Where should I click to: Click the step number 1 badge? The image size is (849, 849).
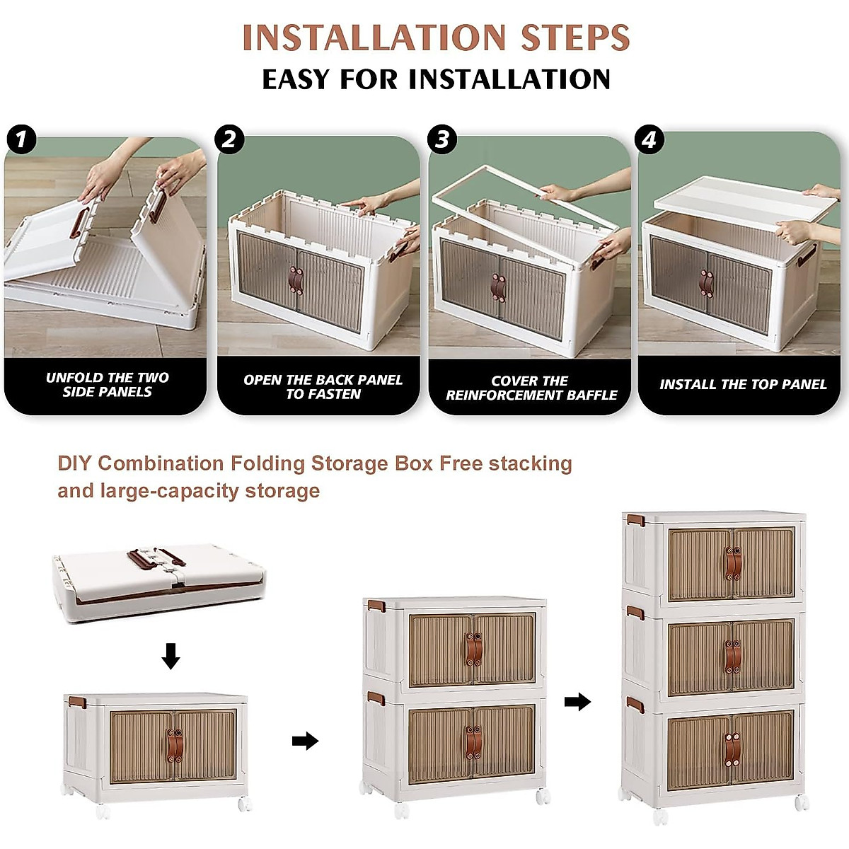21,139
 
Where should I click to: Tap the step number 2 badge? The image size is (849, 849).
229,139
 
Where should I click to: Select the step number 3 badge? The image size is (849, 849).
442,139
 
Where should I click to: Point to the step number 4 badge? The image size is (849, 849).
649,139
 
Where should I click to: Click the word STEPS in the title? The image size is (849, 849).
575,37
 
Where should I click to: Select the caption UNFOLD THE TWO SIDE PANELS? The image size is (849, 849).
107,385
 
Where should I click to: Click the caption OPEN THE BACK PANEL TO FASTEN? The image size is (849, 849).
323,387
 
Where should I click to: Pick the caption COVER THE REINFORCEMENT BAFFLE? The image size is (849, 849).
531,388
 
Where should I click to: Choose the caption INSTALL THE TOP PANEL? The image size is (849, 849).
743,385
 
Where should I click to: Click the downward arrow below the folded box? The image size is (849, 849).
171,656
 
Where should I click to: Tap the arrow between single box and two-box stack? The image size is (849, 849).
305,741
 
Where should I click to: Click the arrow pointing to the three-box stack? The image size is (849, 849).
577,701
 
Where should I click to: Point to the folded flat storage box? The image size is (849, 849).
159,582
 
